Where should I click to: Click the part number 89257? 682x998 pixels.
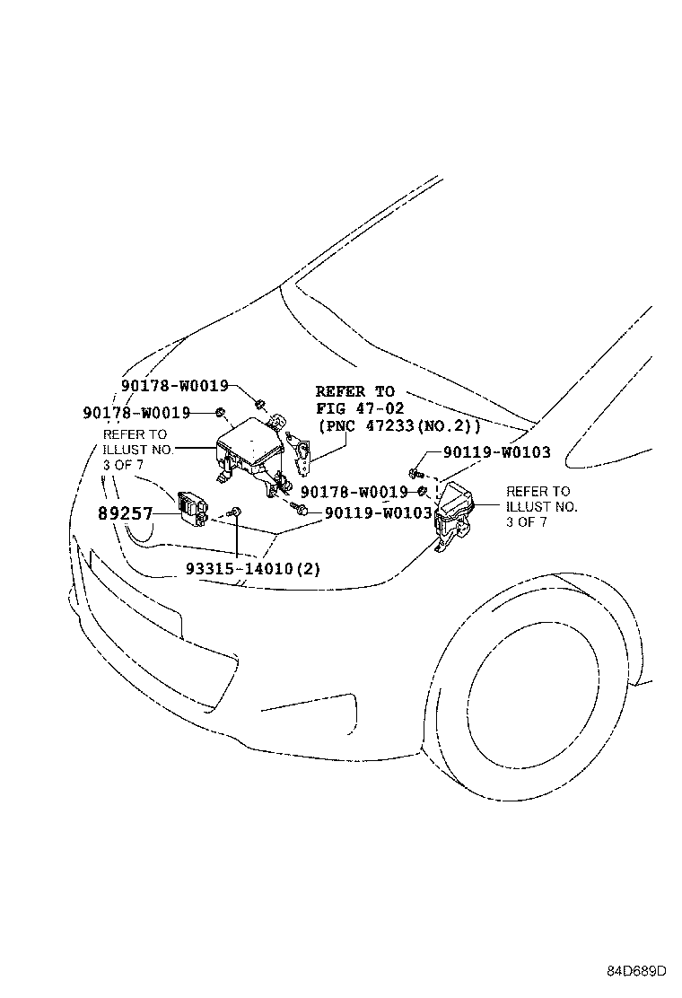tap(126, 514)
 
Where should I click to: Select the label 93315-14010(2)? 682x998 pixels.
tap(240, 569)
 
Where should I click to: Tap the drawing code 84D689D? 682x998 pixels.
tap(635, 971)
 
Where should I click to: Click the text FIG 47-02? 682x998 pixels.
tap(360, 408)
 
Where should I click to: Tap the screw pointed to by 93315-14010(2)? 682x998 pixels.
tap(235, 512)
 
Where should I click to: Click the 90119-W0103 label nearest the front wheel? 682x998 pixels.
tap(496, 453)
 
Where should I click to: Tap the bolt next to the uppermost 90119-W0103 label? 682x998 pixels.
tap(415, 470)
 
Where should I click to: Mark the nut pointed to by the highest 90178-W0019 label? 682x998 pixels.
tap(259, 402)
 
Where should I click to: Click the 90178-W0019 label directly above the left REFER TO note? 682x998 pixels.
tap(136, 413)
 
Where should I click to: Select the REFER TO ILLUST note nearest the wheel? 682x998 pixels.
tap(542, 506)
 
